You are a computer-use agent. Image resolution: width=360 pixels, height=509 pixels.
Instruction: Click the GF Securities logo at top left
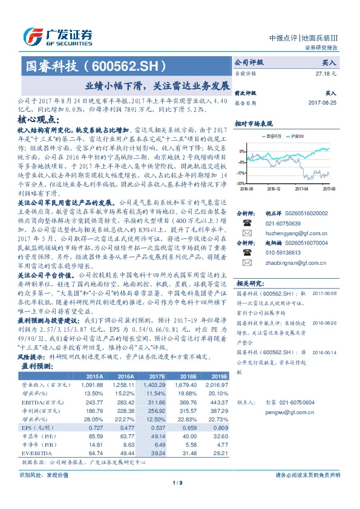(x=57, y=36)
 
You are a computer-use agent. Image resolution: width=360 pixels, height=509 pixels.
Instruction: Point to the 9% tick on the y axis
(x=241, y=151)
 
